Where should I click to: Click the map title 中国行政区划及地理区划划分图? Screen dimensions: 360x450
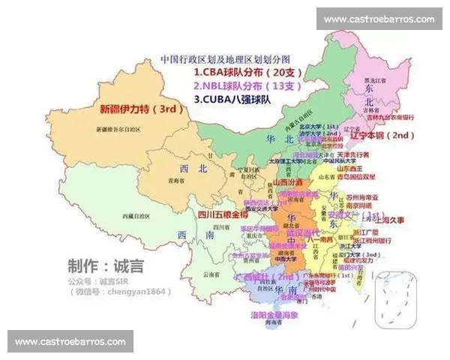[x=225, y=58]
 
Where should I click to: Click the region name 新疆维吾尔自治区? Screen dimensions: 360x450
[x=123, y=130]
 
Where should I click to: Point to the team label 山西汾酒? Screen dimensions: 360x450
[x=287, y=182]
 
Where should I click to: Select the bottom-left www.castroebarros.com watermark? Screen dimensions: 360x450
[x=70, y=341]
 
